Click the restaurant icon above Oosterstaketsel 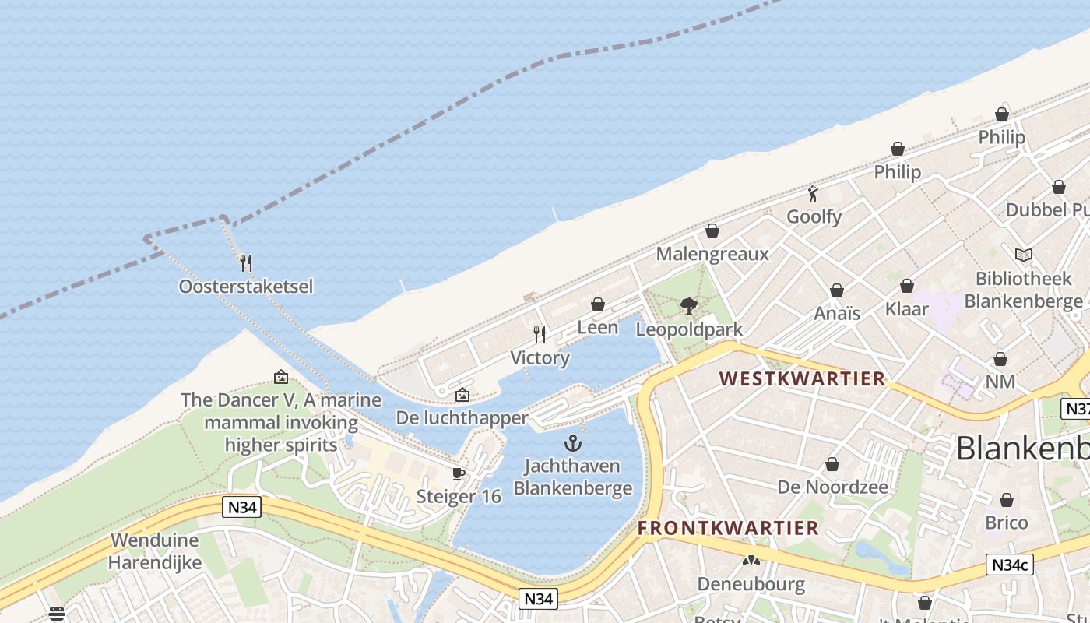coord(246,262)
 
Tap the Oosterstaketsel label coord(246,287)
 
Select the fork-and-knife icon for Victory coord(540,335)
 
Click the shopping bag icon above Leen coord(598,304)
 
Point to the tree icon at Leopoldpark coord(689,306)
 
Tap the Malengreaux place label coord(712,254)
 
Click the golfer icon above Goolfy coord(814,194)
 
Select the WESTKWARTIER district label coord(802,379)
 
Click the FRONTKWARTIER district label coord(728,528)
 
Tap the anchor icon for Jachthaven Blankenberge coord(573,444)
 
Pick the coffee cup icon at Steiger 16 coord(459,473)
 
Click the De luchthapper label coord(462,418)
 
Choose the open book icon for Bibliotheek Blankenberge coord(1024,255)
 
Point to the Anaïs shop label coord(837,313)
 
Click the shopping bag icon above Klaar coord(907,286)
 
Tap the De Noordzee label coord(832,487)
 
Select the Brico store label coord(1007,523)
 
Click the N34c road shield coord(1010,565)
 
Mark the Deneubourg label coord(751,584)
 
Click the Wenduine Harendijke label coord(154,551)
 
